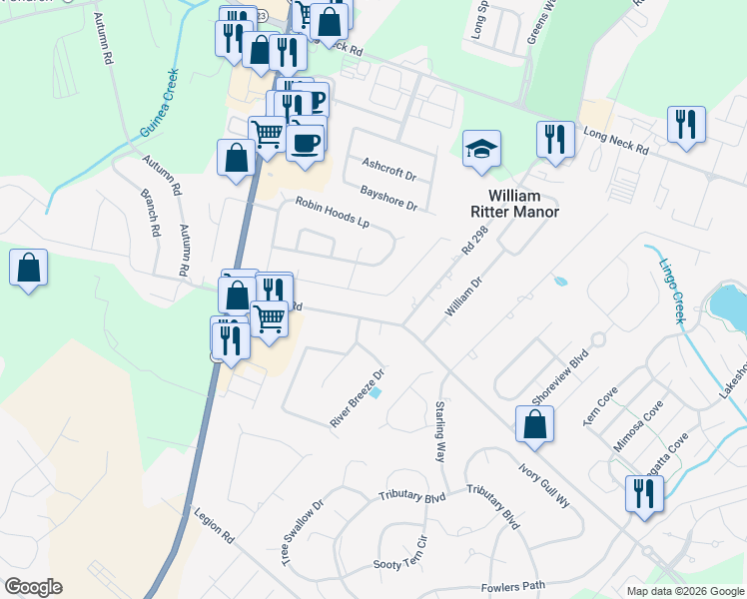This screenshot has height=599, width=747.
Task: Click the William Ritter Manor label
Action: tap(514, 204)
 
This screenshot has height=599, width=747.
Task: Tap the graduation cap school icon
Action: tap(481, 150)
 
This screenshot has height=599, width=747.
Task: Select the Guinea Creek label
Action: tap(158, 104)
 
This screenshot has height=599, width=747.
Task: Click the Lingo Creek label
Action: tap(671, 291)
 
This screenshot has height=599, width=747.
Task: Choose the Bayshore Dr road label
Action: tap(388, 197)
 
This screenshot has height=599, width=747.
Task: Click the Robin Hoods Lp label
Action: tap(332, 213)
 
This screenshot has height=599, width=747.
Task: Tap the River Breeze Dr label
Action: tap(358, 398)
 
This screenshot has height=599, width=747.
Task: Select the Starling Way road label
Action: tap(439, 430)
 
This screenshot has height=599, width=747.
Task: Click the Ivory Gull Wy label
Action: tap(543, 483)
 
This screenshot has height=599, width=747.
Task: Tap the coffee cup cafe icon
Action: tap(305, 141)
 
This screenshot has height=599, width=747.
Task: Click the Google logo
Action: tap(32, 587)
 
